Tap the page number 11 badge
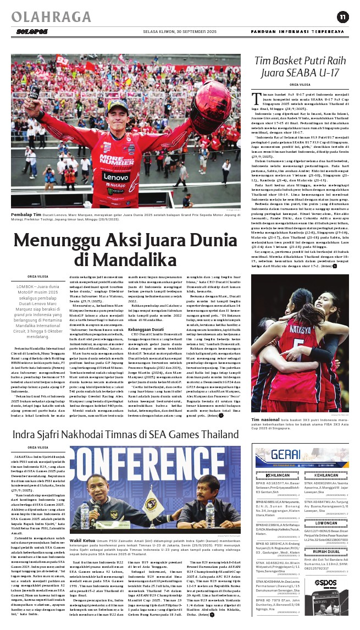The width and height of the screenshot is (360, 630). point(342,16)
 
